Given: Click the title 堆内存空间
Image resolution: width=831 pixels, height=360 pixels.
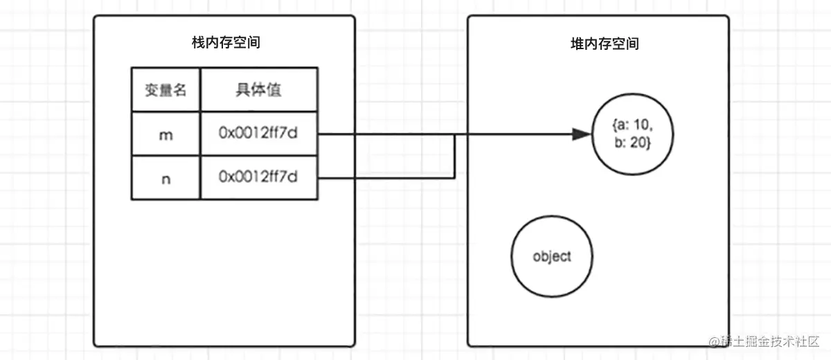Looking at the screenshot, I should [x=600, y=44].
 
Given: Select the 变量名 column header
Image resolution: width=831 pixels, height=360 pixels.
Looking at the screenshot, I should [x=166, y=89].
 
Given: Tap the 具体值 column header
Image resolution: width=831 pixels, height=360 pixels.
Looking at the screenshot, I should [x=258, y=89].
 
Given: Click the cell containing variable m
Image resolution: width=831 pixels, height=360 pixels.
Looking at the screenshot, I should [x=166, y=134].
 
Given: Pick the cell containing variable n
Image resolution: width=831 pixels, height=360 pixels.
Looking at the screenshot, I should [x=166, y=178].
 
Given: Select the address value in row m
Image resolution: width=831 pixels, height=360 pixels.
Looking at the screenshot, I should [x=258, y=134].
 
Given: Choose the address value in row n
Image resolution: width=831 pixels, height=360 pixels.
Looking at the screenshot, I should [x=258, y=178].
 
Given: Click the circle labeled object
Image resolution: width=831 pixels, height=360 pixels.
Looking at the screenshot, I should [x=552, y=256].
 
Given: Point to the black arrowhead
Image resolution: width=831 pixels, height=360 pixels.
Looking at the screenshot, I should [x=583, y=134].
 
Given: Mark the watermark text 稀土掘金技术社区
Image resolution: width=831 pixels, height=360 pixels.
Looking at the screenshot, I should [x=769, y=341].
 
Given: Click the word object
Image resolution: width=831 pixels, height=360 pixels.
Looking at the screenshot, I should [x=552, y=256].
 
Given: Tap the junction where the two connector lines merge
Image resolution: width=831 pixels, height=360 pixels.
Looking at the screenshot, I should [x=454, y=134].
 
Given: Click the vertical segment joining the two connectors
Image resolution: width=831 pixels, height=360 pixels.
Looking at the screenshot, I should [x=454, y=156].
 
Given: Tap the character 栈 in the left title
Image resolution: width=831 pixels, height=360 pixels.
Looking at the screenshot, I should [x=198, y=44].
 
